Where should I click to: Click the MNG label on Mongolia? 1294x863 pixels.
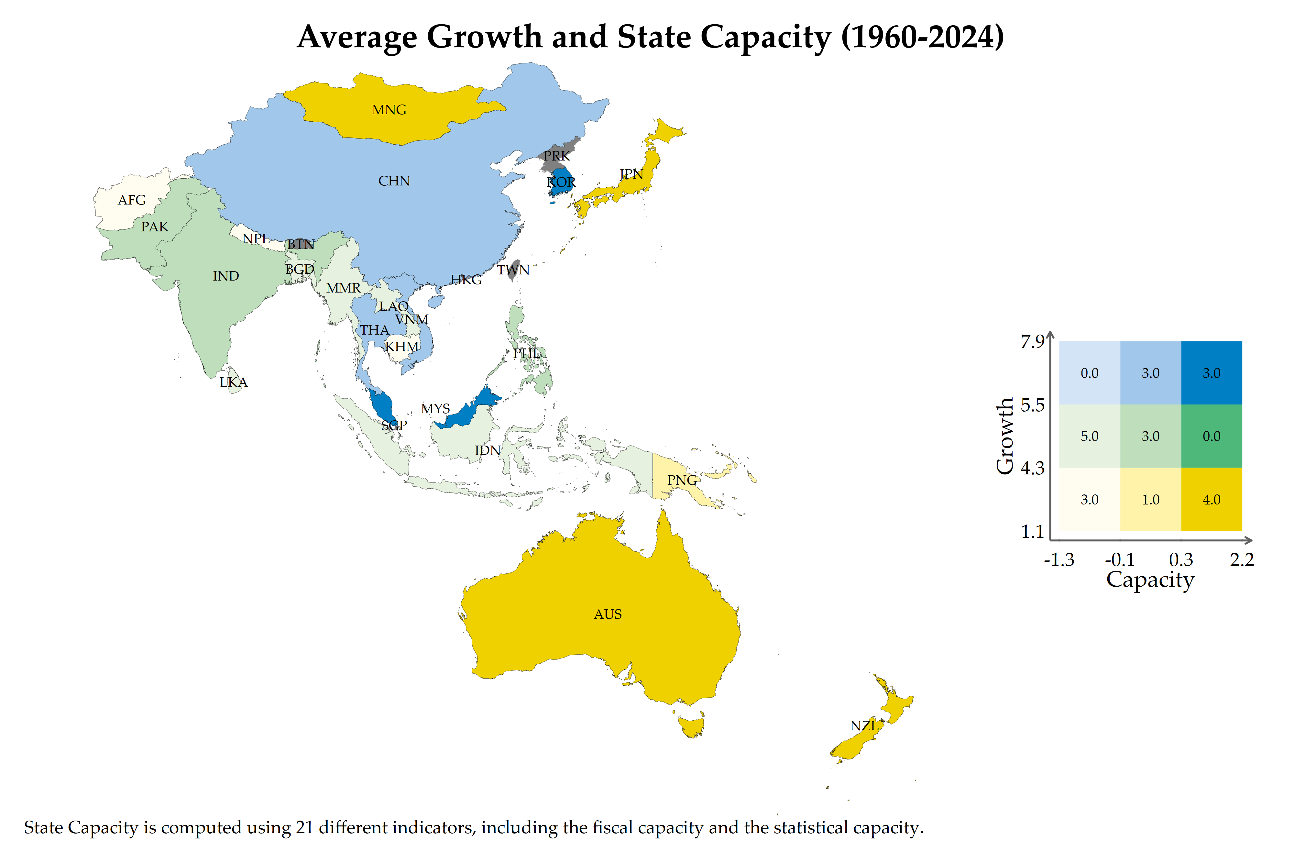point(389,110)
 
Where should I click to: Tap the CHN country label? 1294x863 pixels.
point(394,181)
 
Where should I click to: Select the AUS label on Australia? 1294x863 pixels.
point(608,614)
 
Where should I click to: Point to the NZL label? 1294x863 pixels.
point(864,726)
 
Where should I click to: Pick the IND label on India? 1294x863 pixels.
point(225,276)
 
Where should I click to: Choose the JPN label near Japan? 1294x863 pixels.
point(631,174)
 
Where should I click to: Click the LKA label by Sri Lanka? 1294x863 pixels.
point(233,382)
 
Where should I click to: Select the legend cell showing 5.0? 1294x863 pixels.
point(1089,436)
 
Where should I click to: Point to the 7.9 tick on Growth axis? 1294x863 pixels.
point(1032,342)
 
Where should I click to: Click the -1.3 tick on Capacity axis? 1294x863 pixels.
point(1058,560)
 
